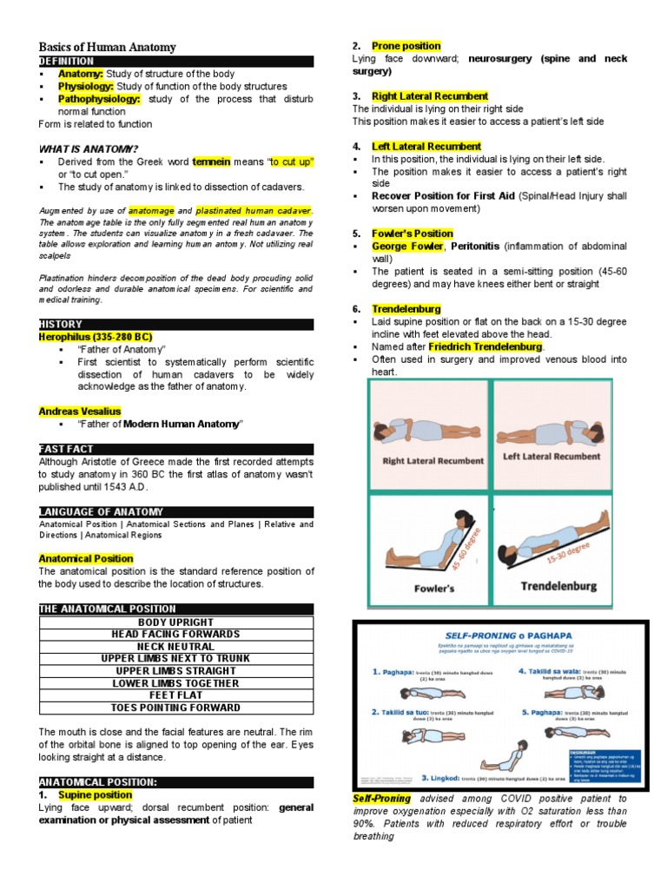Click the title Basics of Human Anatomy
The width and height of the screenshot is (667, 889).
point(107,47)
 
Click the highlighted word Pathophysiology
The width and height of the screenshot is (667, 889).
point(92,99)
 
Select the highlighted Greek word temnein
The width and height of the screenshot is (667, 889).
point(211,161)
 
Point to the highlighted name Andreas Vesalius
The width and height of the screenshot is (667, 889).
point(80,411)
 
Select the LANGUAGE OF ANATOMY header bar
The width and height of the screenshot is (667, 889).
point(175,512)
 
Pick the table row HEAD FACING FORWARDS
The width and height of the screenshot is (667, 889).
point(175,635)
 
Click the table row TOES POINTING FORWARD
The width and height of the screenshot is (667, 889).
point(175,708)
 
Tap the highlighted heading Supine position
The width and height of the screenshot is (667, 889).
point(95,794)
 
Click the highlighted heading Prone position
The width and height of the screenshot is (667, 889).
point(406,46)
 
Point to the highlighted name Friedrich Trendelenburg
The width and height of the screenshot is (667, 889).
point(485,346)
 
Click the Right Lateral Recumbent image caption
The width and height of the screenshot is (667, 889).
point(432,461)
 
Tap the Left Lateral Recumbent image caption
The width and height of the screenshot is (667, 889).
point(551,457)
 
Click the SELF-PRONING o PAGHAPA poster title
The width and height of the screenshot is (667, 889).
point(499,636)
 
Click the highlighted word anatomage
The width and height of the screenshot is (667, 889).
point(151,211)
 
